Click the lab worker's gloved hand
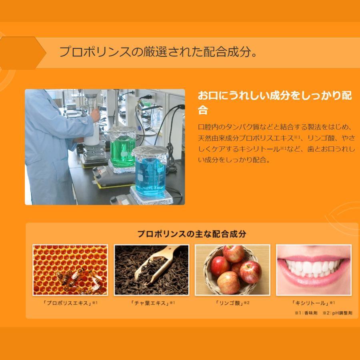95,115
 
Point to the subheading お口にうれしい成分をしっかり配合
275,102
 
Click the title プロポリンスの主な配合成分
192,234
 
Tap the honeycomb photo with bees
70,270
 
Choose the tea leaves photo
151,270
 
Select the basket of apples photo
232,270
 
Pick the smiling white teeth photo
314,270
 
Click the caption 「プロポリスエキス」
68,303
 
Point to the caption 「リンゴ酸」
230,303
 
